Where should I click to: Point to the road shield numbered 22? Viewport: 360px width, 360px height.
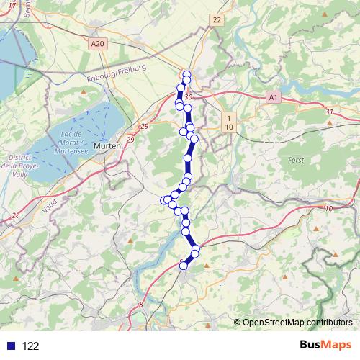[217, 20]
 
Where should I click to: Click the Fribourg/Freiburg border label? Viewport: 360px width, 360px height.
[116, 72]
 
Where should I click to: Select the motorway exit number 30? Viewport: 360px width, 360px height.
[188, 97]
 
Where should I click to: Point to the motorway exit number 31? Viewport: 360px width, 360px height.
[329, 112]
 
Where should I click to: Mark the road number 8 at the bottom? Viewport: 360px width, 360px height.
[141, 306]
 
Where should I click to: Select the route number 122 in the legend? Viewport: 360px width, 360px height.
[30, 346]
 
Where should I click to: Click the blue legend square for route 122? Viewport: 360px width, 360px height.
[10, 346]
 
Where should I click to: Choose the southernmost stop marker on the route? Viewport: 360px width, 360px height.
[183, 266]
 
